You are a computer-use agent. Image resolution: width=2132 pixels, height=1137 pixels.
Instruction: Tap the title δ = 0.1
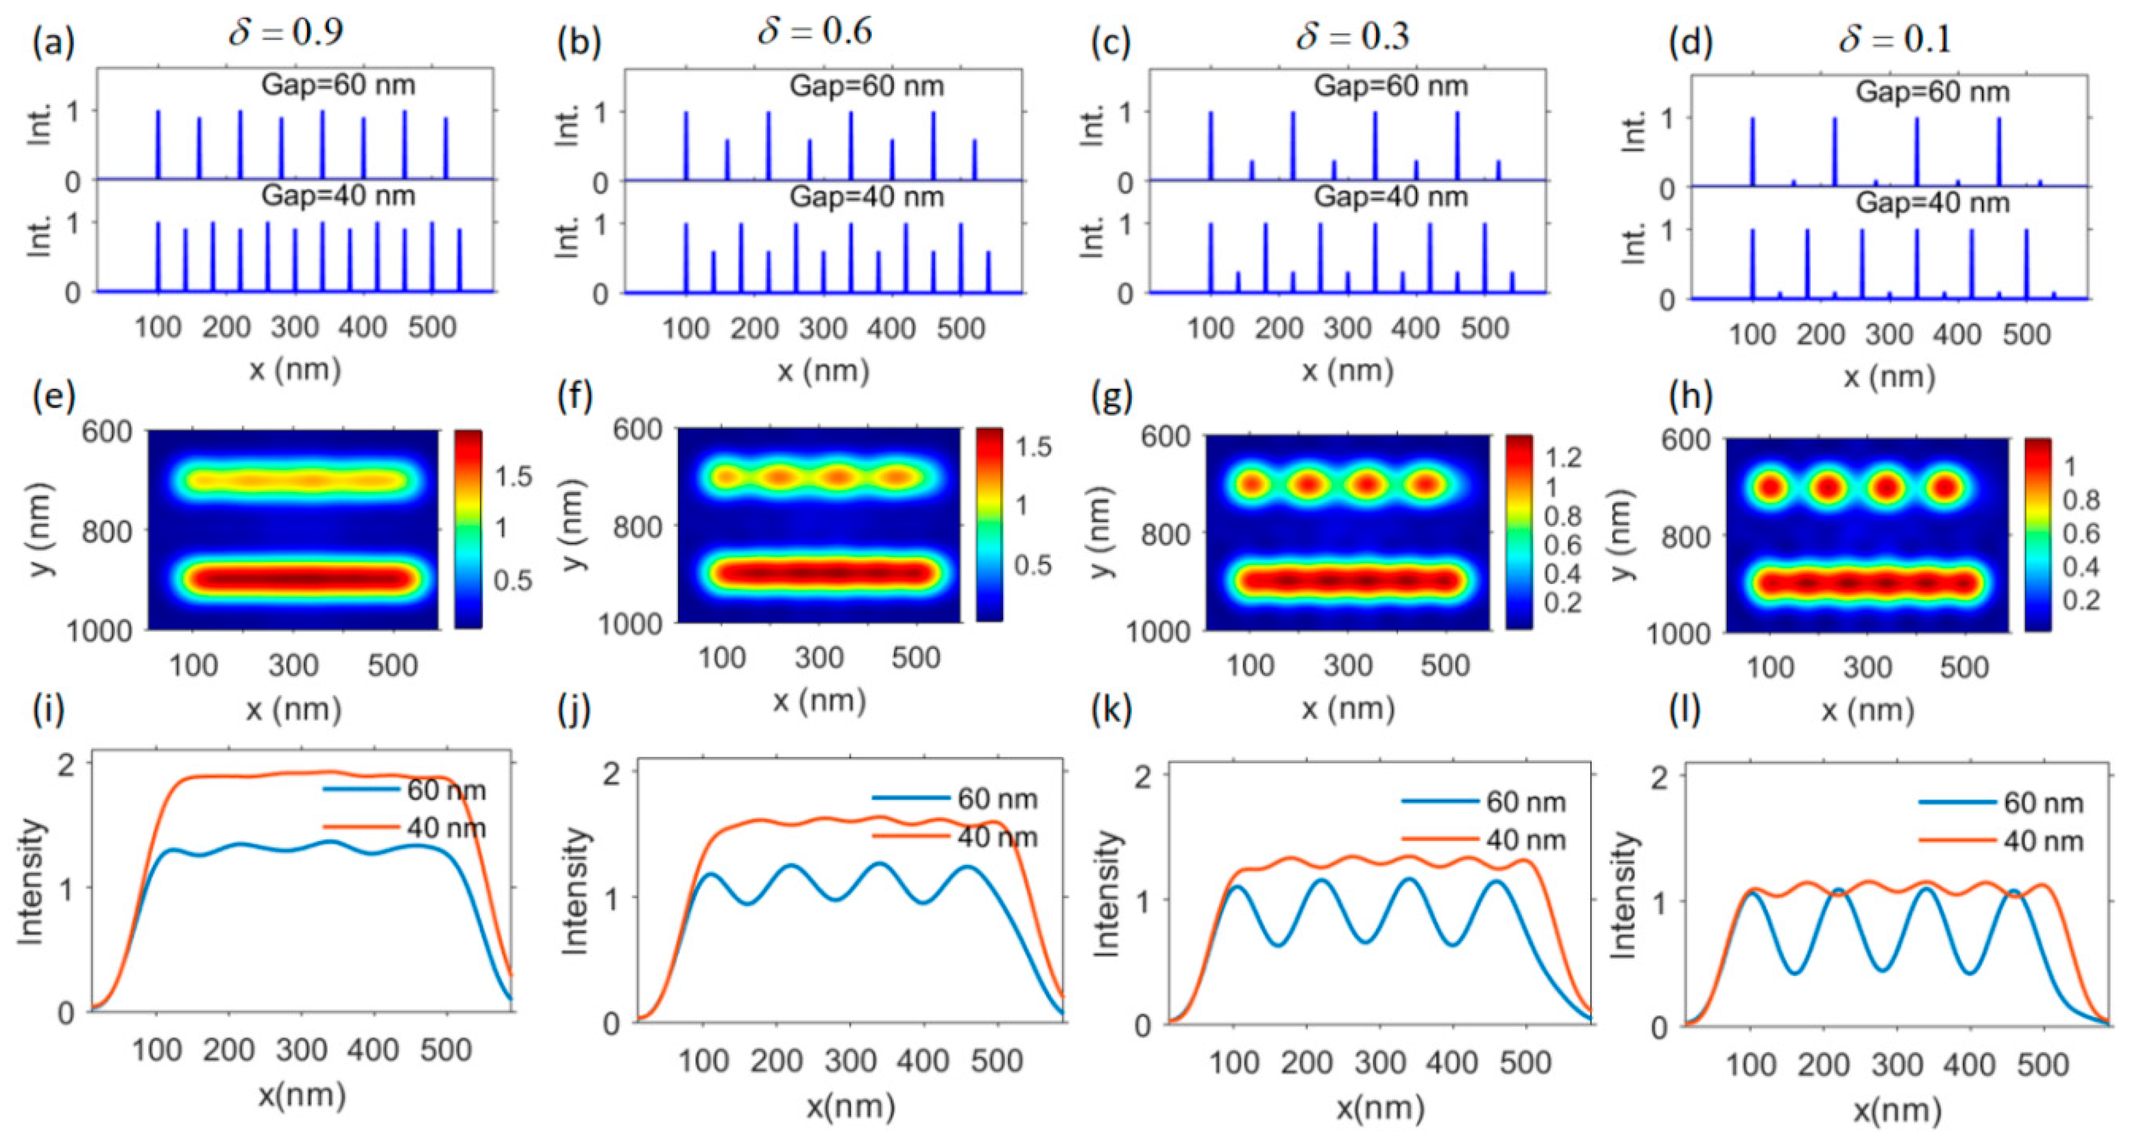(x=1895, y=39)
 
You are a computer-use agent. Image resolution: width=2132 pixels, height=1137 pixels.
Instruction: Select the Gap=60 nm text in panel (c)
(x=1391, y=86)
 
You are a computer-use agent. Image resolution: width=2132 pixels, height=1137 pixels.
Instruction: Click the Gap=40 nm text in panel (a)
(x=338, y=196)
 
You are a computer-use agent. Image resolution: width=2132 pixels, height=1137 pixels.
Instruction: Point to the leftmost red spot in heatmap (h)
(x=1770, y=487)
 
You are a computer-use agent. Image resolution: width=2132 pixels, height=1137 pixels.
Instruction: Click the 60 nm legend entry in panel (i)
(x=445, y=790)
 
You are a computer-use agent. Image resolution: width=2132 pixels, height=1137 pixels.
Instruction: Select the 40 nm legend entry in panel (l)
(x=2042, y=842)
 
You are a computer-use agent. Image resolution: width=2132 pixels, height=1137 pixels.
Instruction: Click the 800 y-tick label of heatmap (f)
(x=637, y=527)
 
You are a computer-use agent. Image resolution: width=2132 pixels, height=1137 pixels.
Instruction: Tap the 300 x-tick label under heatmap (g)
(x=1347, y=665)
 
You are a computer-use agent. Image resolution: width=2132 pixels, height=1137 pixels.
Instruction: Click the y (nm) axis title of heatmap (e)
(x=41, y=530)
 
